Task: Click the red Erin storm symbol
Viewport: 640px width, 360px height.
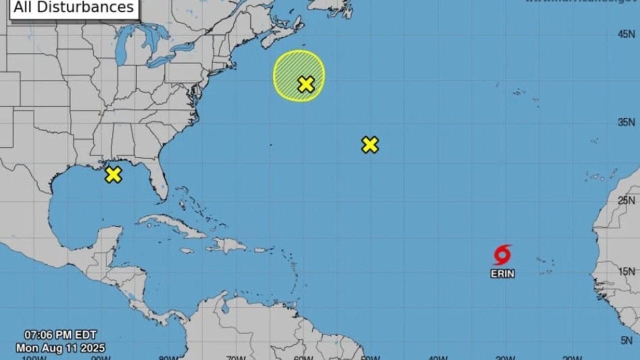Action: pos(502,254)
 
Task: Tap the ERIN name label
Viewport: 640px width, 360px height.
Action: pos(502,274)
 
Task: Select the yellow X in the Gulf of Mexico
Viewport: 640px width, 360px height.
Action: pos(113,174)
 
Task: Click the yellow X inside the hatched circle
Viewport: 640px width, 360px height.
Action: pos(305,84)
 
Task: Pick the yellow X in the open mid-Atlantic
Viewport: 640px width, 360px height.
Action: pos(369,144)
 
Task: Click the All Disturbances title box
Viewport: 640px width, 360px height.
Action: pos(74,8)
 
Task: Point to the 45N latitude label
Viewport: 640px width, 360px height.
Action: pos(626,34)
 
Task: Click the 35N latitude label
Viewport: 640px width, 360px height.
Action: pos(626,122)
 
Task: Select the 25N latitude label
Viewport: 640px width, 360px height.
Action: pos(626,200)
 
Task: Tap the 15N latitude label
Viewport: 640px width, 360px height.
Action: pos(626,271)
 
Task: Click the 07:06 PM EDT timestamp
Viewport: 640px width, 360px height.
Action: pos(60,335)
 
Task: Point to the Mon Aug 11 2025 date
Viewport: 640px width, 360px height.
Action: pos(60,347)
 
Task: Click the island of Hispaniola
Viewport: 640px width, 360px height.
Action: pos(227,245)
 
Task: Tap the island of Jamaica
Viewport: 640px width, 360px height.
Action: pos(186,250)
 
